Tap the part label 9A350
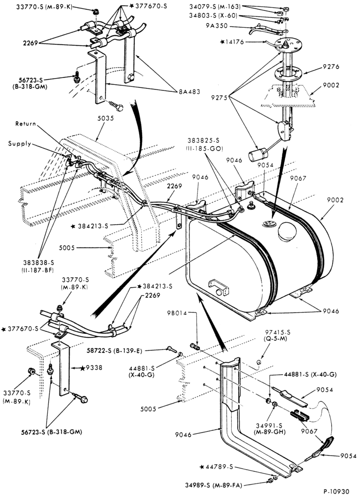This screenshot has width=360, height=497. pos(217,26)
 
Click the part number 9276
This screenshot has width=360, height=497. pos(331,67)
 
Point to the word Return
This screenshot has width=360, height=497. pos(26,124)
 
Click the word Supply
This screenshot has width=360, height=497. pos(20,144)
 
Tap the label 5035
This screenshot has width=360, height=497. pos(106,118)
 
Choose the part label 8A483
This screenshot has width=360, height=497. pos(189,92)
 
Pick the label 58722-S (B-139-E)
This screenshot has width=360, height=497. pos(115,351)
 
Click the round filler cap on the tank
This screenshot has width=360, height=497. pos(287,232)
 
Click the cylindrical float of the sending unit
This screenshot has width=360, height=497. pos(258,156)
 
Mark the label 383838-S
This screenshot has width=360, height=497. pos(38,262)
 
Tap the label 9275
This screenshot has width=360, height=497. pos(219,98)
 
